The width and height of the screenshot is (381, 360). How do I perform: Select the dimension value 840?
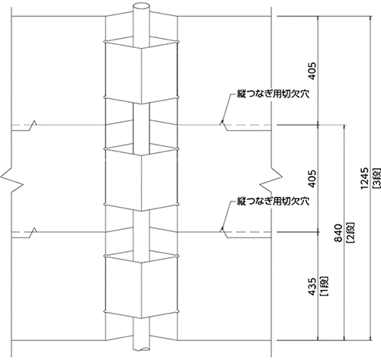(338, 233)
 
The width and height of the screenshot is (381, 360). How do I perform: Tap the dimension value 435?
(312, 286)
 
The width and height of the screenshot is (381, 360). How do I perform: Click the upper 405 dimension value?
(312, 71)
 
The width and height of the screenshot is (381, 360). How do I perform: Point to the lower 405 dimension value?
(312, 179)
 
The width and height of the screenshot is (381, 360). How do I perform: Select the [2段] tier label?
(351, 233)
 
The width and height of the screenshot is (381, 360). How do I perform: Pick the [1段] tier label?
(324, 286)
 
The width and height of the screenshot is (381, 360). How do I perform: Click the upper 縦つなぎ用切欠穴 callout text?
(273, 94)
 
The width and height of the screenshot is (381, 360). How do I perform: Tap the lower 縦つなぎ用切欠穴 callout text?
(273, 202)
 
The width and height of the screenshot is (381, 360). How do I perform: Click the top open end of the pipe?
(142, 6)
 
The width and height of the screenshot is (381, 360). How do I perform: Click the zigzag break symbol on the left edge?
(12, 178)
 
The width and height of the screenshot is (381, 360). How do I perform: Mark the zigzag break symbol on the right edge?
(271, 178)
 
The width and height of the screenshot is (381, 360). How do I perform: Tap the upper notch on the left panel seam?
(34, 125)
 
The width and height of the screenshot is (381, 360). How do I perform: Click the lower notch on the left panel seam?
(34, 232)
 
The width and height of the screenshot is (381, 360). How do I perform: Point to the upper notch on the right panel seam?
(223, 125)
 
